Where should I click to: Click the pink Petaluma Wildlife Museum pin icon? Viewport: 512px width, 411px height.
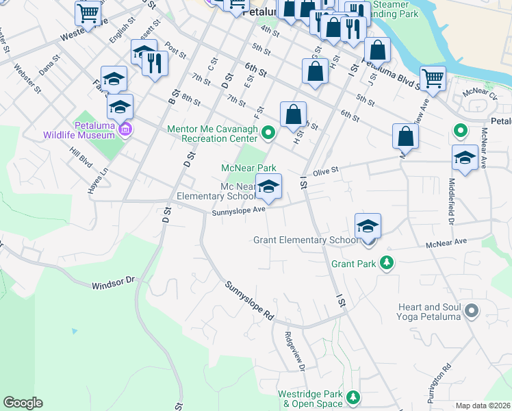tap(125, 129)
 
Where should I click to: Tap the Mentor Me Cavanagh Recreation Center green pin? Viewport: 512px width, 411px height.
tap(269, 132)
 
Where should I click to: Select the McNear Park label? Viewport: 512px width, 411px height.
tap(248, 168)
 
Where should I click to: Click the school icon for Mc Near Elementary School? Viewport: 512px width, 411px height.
tap(268, 186)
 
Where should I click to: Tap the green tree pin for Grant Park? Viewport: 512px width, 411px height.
tap(387, 262)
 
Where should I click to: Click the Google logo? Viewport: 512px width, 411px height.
tap(23, 403)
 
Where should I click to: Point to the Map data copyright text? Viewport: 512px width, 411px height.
tap(483, 406)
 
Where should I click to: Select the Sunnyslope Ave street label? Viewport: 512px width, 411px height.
tap(238, 211)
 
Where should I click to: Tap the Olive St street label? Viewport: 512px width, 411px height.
tap(326, 173)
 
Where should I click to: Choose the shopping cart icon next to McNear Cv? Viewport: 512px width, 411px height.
tap(433, 79)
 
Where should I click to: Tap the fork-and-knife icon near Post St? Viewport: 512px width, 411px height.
tap(155, 64)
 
